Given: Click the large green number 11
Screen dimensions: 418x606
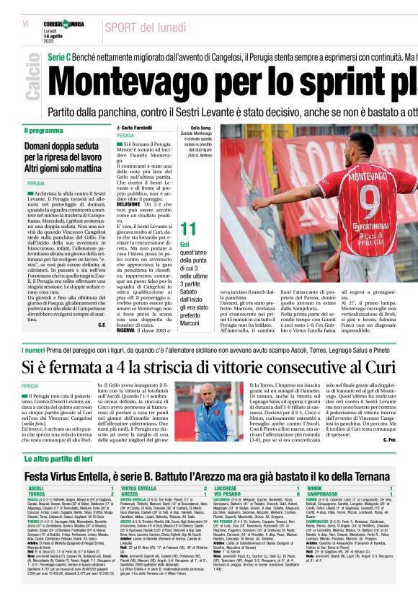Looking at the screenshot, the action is click(x=188, y=229).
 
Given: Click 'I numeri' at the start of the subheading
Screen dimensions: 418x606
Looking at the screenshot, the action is click(x=37, y=350).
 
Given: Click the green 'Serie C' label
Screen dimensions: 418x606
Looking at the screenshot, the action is click(x=58, y=56).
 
